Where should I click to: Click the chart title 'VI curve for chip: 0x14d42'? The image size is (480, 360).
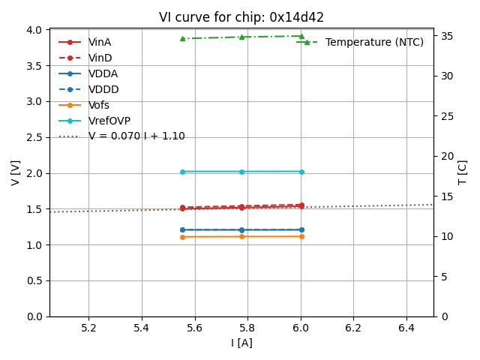tap(241, 17)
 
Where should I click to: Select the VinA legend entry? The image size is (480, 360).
tap(100, 42)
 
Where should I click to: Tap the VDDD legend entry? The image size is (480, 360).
tap(103, 89)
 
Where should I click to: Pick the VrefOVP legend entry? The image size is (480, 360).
tap(109, 121)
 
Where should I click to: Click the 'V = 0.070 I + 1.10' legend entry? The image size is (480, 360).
tap(136, 136)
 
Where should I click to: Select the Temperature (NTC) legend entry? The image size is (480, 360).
tap(374, 42)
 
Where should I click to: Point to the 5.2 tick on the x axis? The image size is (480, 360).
tap(88, 328)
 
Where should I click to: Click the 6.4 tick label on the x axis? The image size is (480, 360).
tap(406, 328)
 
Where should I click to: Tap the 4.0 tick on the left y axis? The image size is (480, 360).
tap(34, 30)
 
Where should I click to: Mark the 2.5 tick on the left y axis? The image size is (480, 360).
tap(34, 137)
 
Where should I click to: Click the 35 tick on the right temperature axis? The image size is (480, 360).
tap(444, 35)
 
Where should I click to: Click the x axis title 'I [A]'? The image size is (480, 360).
tap(241, 343)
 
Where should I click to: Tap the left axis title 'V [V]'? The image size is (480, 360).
tap(15, 172)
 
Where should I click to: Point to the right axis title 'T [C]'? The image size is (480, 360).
tap(463, 172)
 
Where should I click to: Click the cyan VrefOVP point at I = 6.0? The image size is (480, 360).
tap(301, 172)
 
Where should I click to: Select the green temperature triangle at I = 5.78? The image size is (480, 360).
tap(241, 37)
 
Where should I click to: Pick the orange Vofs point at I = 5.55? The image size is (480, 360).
tap(182, 237)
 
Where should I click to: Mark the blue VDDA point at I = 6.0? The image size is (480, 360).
tap(301, 229)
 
